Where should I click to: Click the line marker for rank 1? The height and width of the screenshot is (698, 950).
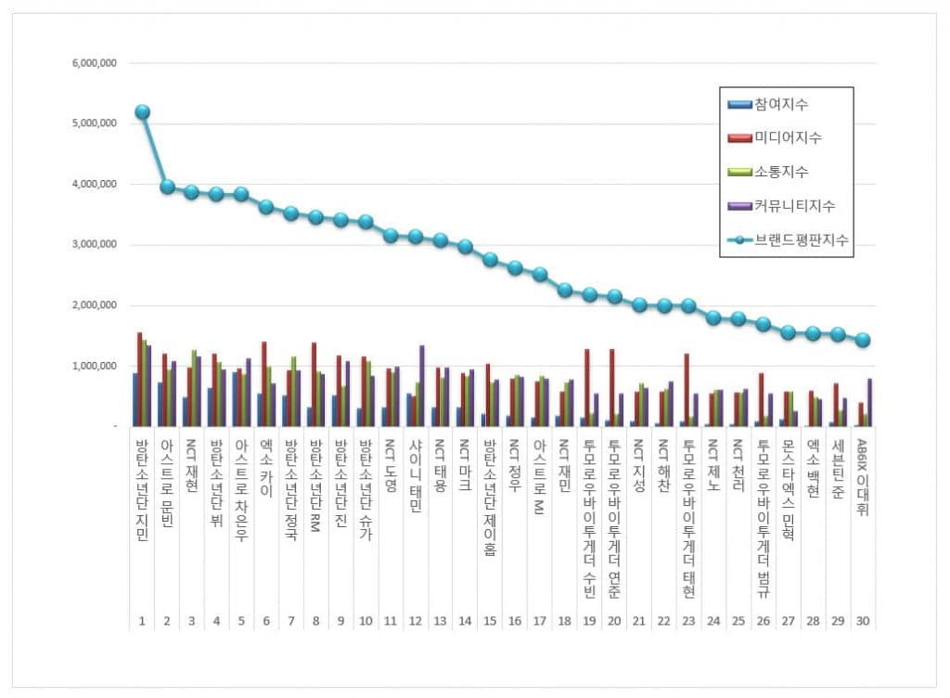point(142,112)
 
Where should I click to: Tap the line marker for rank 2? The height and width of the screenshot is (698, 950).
point(167,187)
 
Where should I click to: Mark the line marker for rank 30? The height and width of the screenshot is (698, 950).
point(863,340)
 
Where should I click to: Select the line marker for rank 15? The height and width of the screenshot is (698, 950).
point(491,260)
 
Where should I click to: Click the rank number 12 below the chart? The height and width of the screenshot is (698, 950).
point(416,621)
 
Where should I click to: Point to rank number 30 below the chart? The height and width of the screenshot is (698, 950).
point(863,621)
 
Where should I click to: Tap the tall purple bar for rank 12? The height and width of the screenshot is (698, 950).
point(421,385)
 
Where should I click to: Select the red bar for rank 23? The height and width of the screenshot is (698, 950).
point(687,390)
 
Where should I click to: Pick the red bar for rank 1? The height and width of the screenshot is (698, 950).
point(139,379)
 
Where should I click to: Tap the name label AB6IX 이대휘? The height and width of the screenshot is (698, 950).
point(863,477)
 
